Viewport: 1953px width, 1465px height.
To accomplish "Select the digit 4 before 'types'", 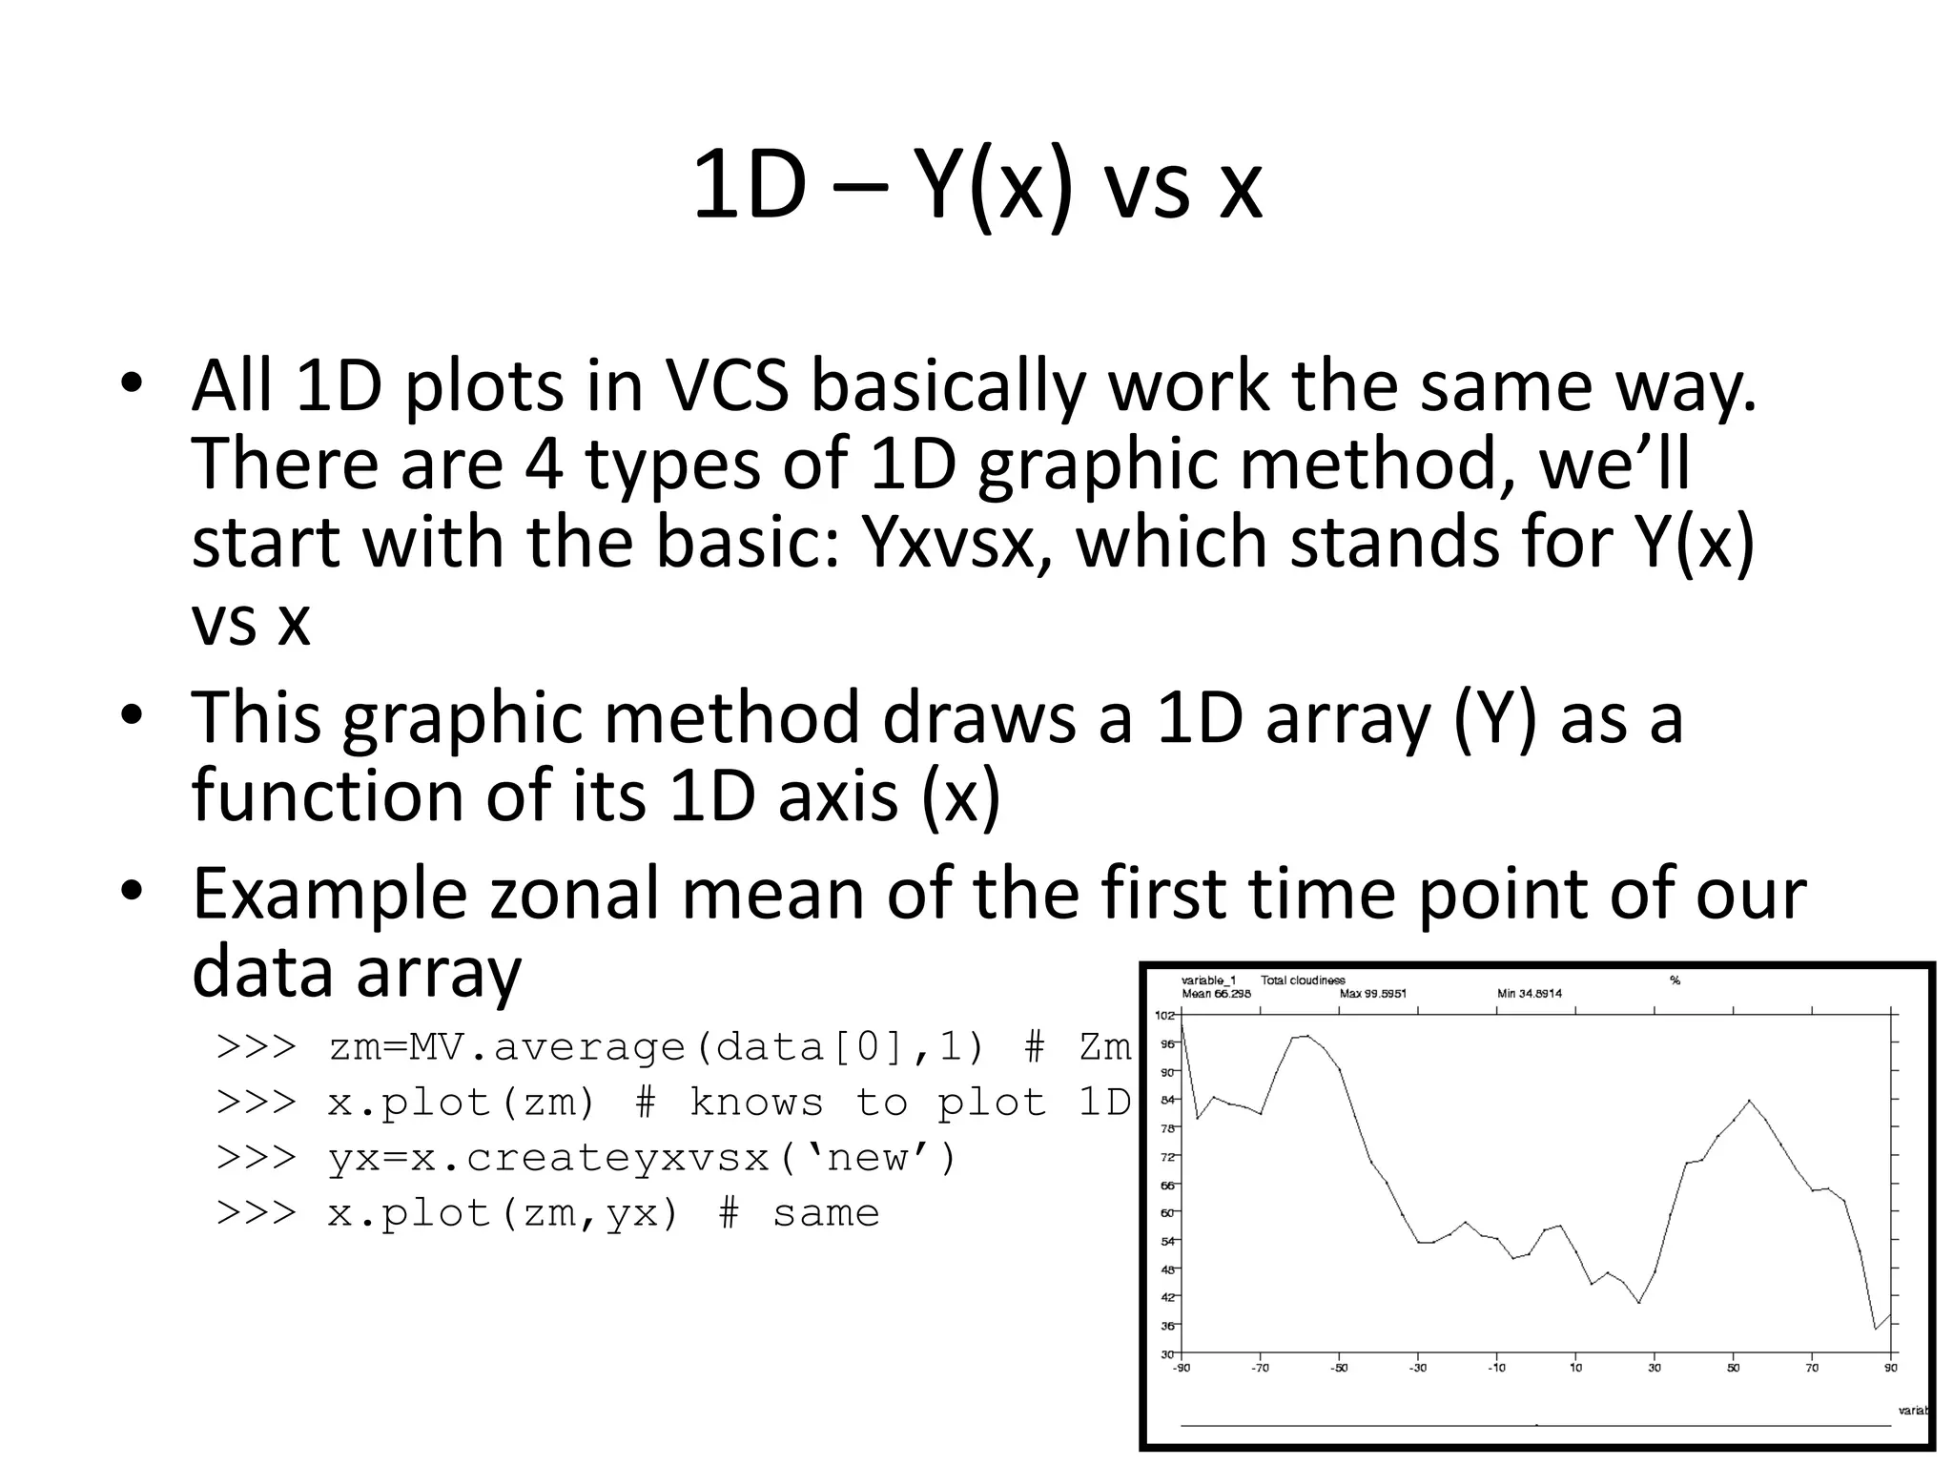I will [x=544, y=464].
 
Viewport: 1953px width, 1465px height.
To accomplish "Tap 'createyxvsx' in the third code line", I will [x=617, y=1158].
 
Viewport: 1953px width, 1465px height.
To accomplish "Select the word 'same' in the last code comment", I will [x=826, y=1213].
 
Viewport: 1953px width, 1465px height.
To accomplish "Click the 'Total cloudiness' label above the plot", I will [x=1303, y=980].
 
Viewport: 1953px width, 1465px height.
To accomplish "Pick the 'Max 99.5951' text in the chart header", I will [x=1373, y=993].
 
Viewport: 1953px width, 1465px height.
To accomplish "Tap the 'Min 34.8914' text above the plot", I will [x=1530, y=993].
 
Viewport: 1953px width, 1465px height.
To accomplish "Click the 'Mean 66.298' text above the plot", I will [x=1217, y=993].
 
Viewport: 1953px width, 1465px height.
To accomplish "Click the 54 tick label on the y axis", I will [x=1167, y=1241].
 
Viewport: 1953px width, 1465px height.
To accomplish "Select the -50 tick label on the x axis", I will [x=1339, y=1368].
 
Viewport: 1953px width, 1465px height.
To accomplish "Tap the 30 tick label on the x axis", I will [x=1655, y=1368].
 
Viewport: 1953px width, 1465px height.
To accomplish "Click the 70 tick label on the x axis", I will [x=1812, y=1368].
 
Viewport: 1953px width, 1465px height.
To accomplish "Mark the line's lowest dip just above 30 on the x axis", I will [x=1639, y=1302].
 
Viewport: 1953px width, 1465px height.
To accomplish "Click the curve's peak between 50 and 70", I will [x=1750, y=1101].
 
